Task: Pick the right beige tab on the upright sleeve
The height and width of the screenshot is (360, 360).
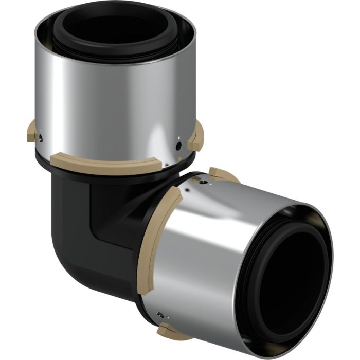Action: click(x=196, y=135)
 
